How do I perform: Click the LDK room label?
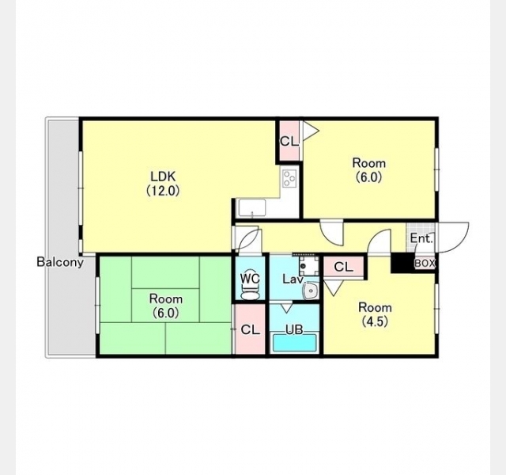[x=164, y=177]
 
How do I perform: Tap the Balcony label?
[x=60, y=262]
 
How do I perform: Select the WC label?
[x=250, y=278]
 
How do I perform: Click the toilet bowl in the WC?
[x=250, y=292]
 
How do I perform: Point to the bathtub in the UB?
[x=295, y=343]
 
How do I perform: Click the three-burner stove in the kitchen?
[x=290, y=178]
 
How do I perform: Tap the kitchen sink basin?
[x=252, y=208]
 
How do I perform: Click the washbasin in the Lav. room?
[x=311, y=291]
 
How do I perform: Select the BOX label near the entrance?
[x=425, y=264]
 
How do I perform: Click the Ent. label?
[x=421, y=238]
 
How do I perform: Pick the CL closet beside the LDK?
[x=289, y=141]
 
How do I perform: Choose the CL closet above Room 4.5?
[x=344, y=267]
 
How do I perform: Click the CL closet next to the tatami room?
[x=250, y=329]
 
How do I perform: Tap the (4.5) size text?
[x=375, y=321]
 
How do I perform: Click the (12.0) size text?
[x=163, y=190]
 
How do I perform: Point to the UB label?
[x=294, y=329]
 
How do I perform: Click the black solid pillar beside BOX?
[x=402, y=263]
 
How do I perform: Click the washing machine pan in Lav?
[x=309, y=266]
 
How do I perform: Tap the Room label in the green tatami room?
[x=166, y=298]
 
